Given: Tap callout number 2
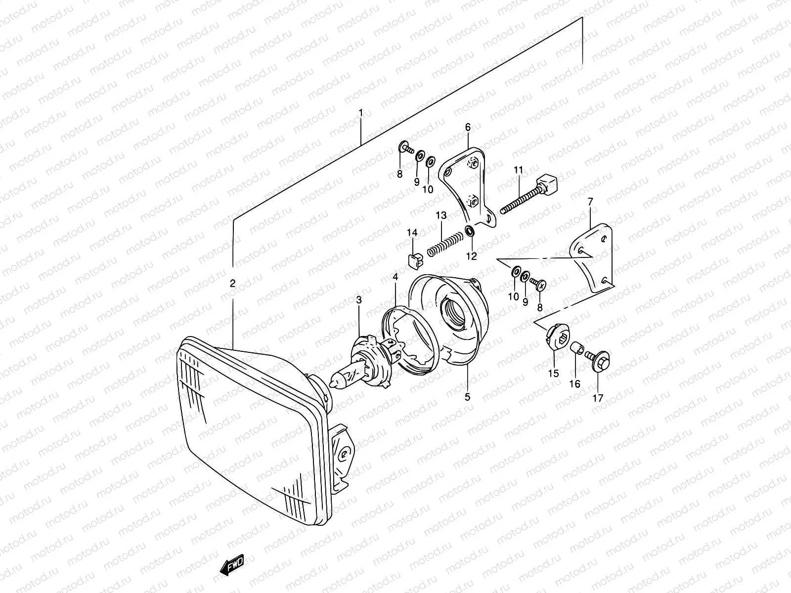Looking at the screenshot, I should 232,283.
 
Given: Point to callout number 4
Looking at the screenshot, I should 395,278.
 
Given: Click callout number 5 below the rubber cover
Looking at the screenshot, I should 468,396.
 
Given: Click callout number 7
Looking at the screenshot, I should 590,201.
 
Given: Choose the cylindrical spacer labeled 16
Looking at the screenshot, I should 576,349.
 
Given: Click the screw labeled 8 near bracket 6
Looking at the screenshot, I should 404,147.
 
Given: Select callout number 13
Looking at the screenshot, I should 441,215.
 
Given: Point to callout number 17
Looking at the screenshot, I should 598,398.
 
